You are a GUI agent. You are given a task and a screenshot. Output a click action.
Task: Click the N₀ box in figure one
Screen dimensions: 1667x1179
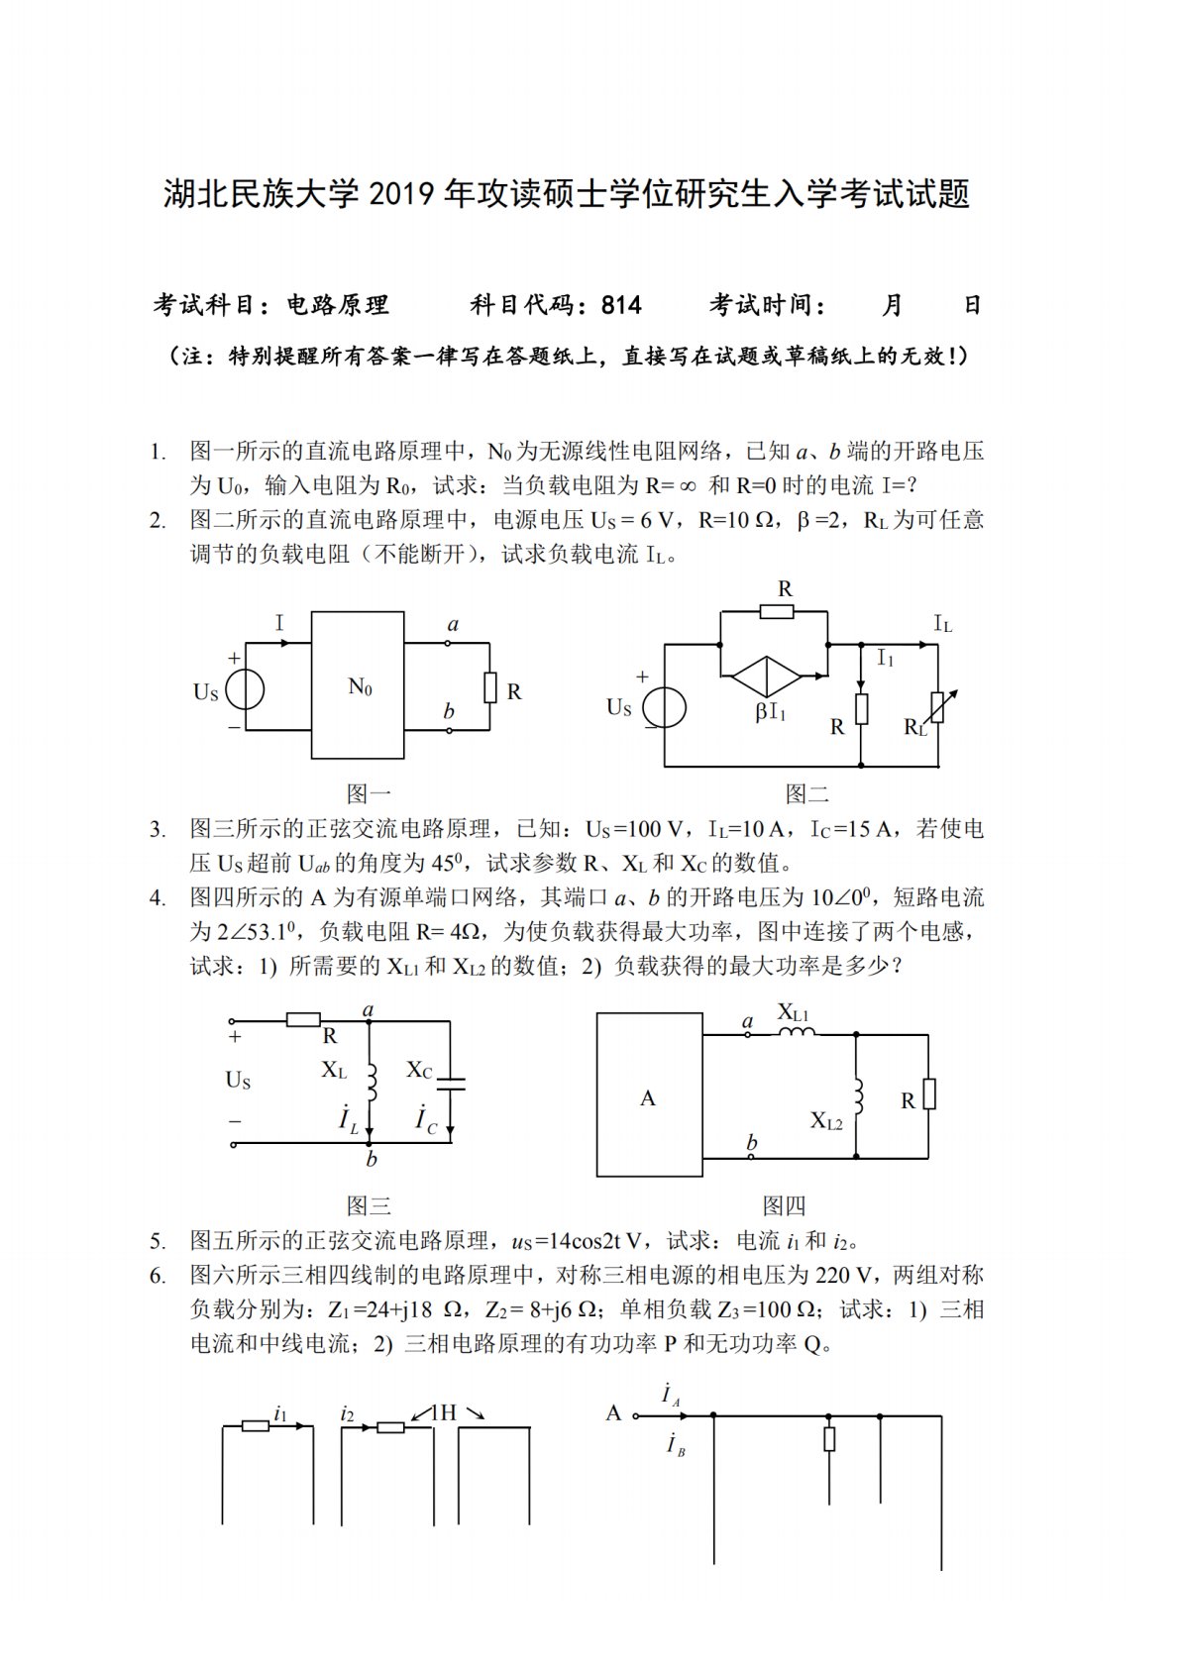(358, 684)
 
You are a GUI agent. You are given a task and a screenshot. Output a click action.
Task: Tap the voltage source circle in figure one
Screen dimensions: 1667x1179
(245, 690)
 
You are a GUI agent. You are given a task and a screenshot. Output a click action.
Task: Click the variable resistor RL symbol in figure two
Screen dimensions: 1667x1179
(937, 708)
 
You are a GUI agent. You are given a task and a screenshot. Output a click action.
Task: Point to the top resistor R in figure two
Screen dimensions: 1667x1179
(777, 612)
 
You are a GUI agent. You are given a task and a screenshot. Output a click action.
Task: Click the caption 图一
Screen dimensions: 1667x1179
(369, 793)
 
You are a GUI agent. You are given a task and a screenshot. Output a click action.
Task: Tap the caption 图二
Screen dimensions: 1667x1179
(807, 793)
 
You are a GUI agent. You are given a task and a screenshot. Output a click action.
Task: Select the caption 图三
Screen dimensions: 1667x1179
(369, 1205)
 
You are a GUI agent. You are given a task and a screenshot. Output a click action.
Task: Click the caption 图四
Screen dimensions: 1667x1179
(785, 1205)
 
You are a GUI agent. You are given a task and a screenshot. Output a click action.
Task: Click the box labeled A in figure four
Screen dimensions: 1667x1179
(649, 1095)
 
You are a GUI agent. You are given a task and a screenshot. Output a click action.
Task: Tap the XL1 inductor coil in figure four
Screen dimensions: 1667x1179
(797, 1033)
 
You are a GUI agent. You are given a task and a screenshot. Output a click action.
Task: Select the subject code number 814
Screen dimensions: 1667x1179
(621, 305)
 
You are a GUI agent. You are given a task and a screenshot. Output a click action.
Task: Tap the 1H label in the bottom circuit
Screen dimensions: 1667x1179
(444, 1412)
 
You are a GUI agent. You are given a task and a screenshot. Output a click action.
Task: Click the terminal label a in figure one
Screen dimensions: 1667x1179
(453, 624)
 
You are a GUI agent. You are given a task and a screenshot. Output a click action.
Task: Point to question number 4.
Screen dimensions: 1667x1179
(158, 898)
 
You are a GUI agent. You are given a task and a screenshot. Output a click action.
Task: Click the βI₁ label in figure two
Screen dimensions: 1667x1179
(770, 711)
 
